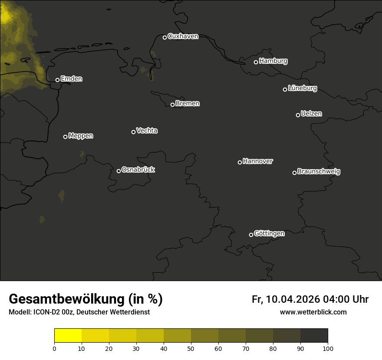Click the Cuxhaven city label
pyautogui.click(x=183, y=36)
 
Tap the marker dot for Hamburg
pyautogui.click(x=256, y=62)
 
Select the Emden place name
pyautogui.click(x=71, y=79)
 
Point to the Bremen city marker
pyautogui.click(x=172, y=105)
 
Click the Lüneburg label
pyautogui.click(x=302, y=88)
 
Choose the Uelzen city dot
pyautogui.click(x=298, y=115)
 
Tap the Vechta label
pyautogui.click(x=147, y=131)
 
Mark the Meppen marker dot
pyautogui.click(x=65, y=137)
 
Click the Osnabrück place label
pyautogui.click(x=138, y=170)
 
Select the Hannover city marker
pyautogui.click(x=240, y=162)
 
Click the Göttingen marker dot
pyautogui.click(x=251, y=235)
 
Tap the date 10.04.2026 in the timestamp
pyautogui.click(x=293, y=299)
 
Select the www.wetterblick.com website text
pyautogui.click(x=313, y=312)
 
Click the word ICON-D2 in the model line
pyautogui.click(x=45, y=312)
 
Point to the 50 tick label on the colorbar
pyautogui.click(x=191, y=348)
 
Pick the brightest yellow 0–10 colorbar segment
pyautogui.click(x=68, y=336)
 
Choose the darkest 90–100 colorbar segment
pyautogui.click(x=314, y=336)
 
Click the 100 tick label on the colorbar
pyautogui.click(x=328, y=348)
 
